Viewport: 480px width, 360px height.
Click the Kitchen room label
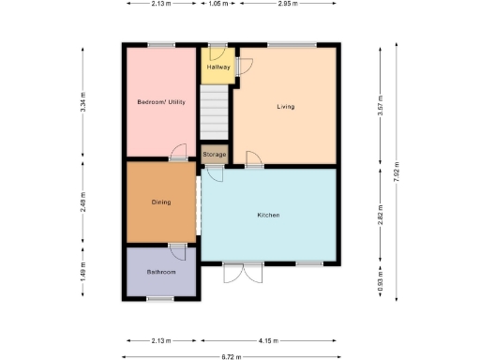coord(269,216)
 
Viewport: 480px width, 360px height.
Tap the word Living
coord(285,107)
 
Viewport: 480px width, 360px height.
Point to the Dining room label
coord(161,202)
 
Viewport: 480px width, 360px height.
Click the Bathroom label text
coord(161,272)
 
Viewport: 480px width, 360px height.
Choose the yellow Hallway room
coord(217,67)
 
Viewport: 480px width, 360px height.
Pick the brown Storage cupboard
coord(214,154)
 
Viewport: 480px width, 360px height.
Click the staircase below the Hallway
coord(214,112)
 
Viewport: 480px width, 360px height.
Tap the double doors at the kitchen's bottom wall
coord(236,273)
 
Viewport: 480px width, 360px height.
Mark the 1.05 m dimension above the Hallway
coord(217,4)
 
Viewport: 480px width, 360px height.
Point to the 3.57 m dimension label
coord(380,103)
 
